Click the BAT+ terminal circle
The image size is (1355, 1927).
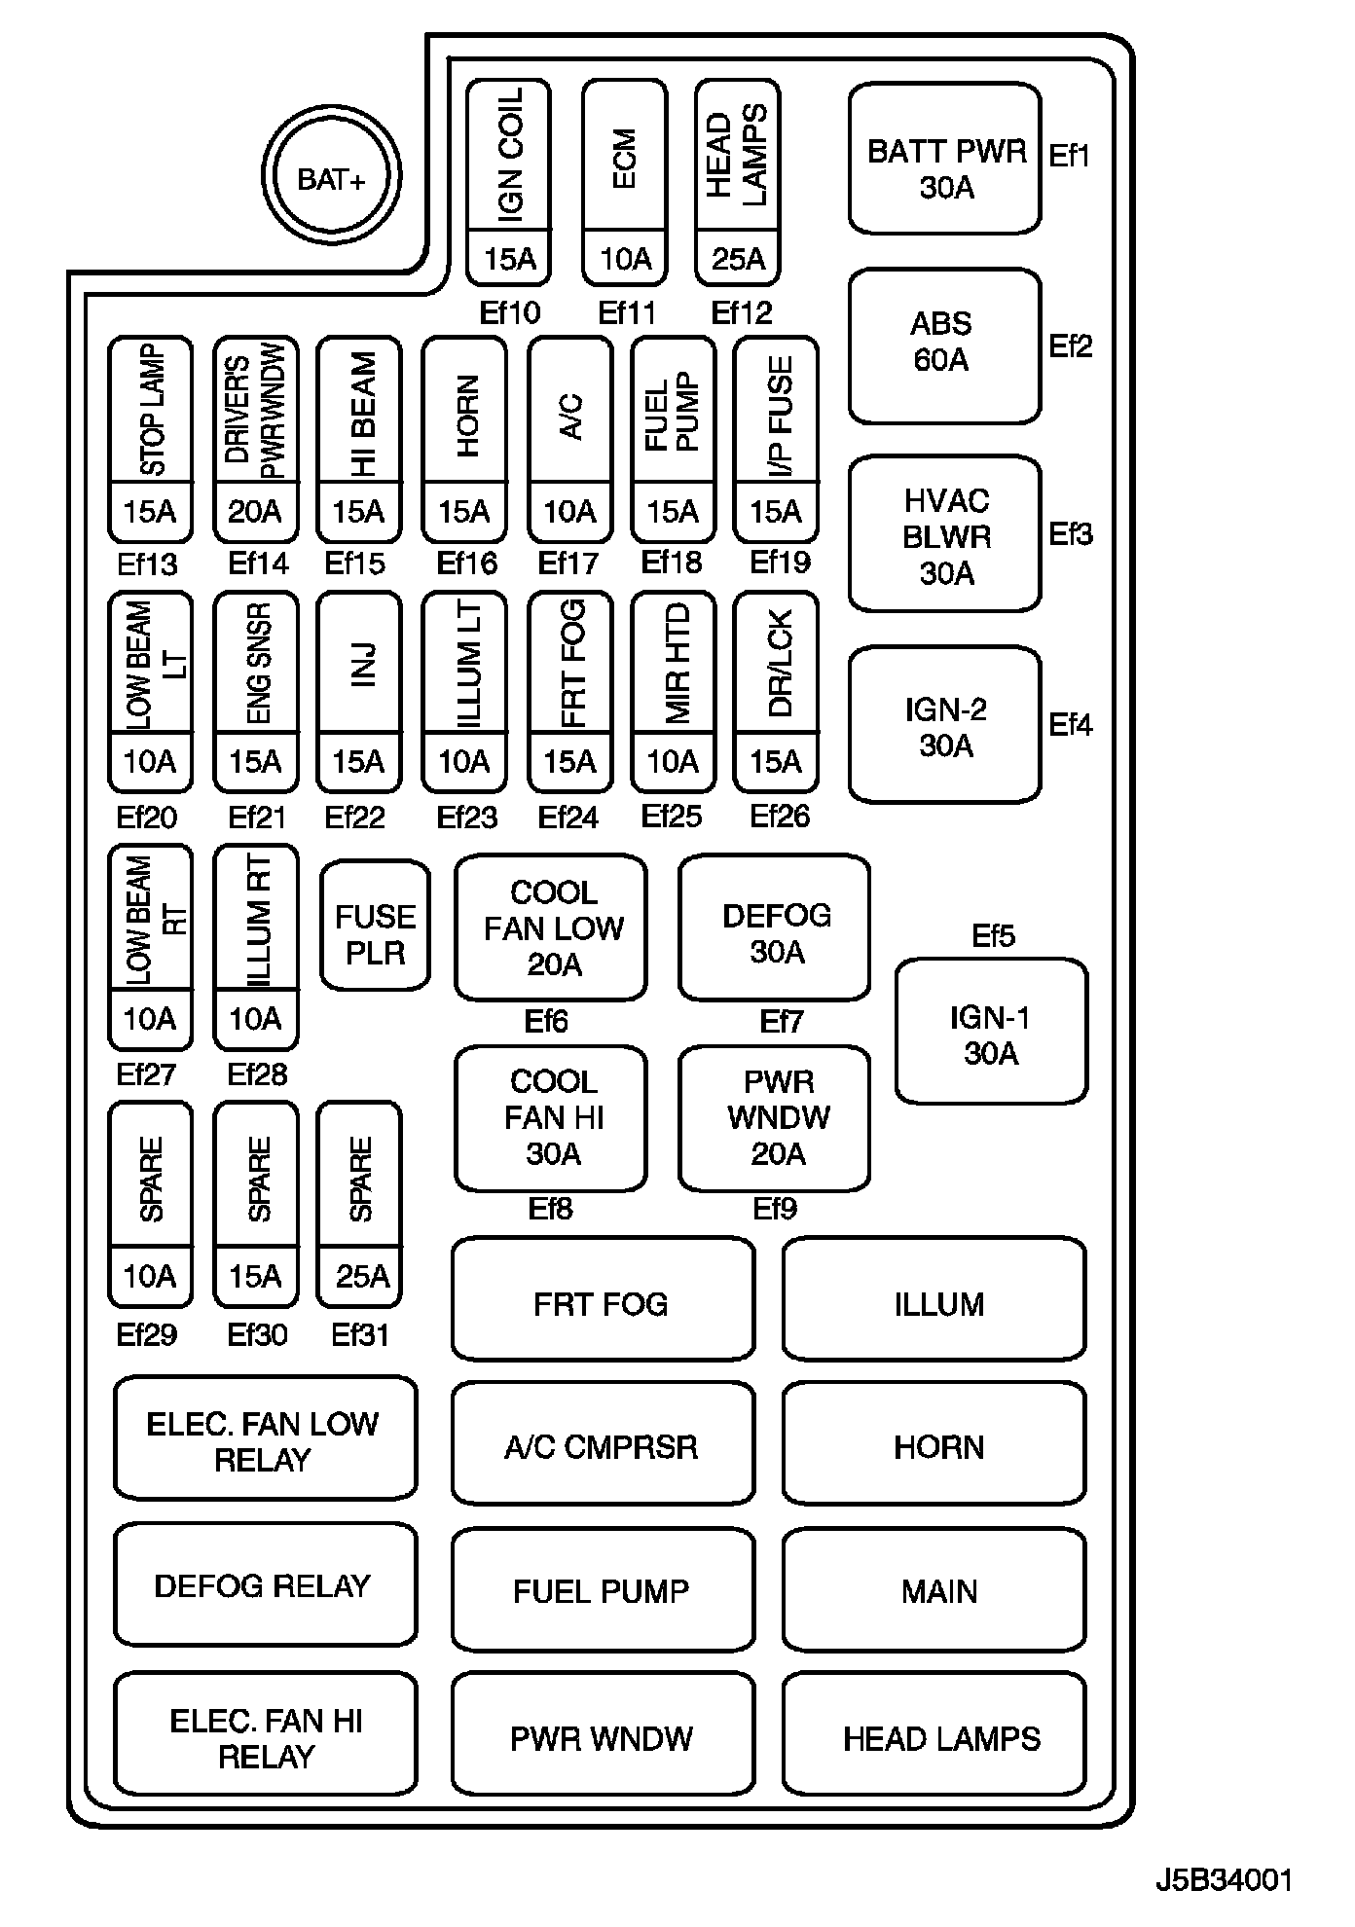(331, 178)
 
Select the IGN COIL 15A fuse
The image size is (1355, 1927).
(508, 183)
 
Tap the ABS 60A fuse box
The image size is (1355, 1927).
(944, 345)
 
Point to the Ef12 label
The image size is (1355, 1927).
(741, 312)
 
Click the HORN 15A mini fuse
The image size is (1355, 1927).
(464, 439)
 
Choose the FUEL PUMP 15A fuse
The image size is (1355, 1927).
(673, 439)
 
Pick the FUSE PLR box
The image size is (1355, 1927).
(375, 925)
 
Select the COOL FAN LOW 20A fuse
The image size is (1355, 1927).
(551, 927)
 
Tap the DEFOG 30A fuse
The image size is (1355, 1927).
(775, 927)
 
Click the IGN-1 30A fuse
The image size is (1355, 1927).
(991, 1032)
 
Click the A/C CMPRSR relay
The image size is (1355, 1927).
(603, 1446)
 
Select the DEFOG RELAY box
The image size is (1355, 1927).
(265, 1585)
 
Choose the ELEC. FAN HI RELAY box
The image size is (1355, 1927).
(265, 1738)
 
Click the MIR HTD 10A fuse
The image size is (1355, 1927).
(673, 692)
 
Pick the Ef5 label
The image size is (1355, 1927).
(993, 935)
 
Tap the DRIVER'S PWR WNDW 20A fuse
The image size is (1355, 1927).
(256, 439)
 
